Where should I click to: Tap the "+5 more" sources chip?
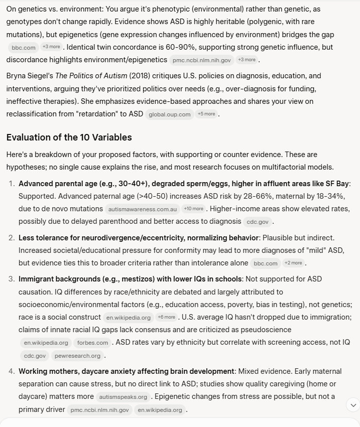(x=207, y=114)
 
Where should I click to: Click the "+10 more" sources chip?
(x=193, y=208)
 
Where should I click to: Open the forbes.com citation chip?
(x=93, y=343)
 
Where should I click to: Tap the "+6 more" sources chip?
(x=166, y=317)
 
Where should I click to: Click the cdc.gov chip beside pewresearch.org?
(x=35, y=356)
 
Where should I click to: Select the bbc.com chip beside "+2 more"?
(x=265, y=263)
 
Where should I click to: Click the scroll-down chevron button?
(x=353, y=404)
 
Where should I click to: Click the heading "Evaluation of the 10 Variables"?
(x=69, y=137)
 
